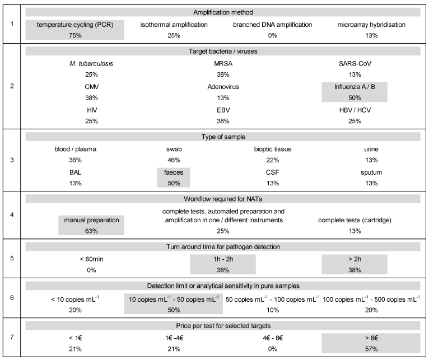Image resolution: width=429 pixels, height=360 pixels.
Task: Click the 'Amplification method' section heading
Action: pos(223,12)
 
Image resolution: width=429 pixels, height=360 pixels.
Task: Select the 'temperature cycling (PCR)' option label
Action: pos(75,25)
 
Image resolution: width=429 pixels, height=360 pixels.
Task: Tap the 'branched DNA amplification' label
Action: pos(273,25)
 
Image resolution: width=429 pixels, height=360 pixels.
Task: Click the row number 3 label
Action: pos(12,160)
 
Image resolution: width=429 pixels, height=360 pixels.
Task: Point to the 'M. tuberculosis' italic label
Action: pos(91,64)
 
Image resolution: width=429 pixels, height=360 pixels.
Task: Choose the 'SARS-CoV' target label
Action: pos(355,64)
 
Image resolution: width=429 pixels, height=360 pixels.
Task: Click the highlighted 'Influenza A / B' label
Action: pos(355,87)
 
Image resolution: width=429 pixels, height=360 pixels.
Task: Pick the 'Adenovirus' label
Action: pos(223,87)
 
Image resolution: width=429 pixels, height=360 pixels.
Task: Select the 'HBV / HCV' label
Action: pos(355,110)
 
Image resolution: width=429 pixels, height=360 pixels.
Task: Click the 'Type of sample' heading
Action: pos(223,137)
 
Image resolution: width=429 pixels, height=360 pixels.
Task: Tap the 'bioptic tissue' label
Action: pos(273,149)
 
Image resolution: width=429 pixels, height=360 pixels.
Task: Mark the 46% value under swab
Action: pos(174,160)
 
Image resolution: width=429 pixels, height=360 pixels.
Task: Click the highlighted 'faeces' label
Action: pos(174,172)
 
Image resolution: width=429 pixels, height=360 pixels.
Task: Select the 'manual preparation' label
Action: pos(91,220)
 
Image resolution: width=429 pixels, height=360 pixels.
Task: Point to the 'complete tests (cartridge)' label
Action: pos(355,220)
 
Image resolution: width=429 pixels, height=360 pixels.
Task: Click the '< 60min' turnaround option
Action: pos(91,259)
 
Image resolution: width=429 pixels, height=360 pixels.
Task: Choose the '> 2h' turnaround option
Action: pos(355,259)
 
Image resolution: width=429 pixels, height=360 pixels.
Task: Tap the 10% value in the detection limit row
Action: pos(273,310)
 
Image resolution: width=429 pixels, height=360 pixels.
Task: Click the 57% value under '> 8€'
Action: pos(371,349)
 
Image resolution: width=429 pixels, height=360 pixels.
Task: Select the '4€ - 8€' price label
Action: pos(273,338)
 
